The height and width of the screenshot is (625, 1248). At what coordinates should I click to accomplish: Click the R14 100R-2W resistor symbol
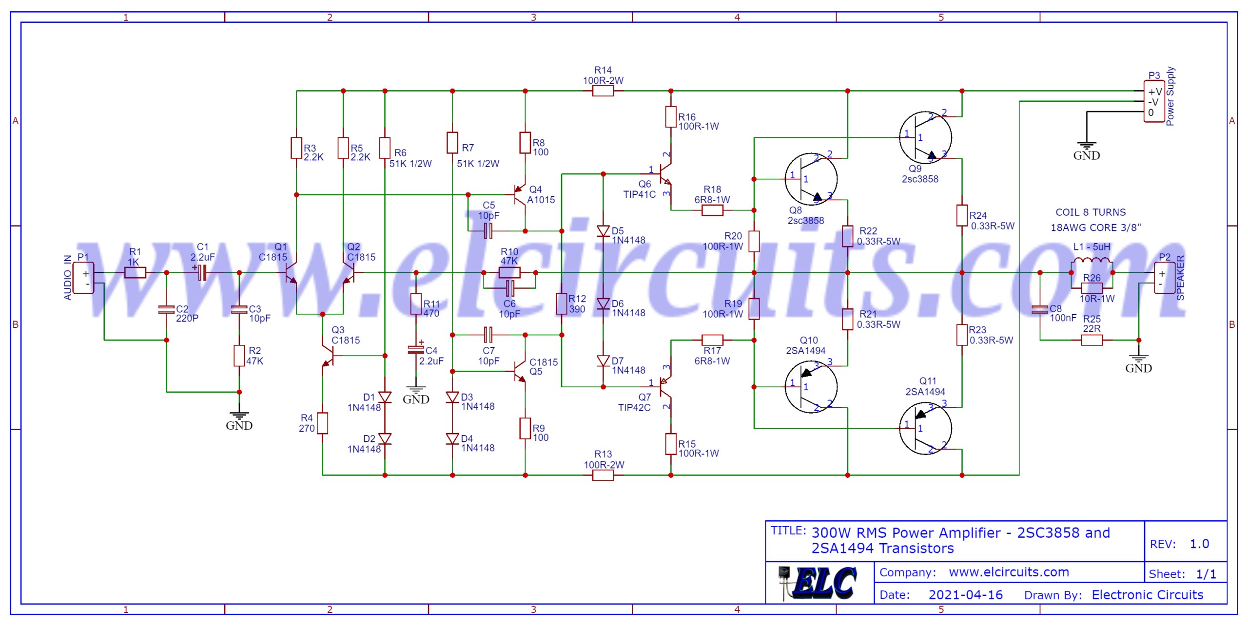coord(603,91)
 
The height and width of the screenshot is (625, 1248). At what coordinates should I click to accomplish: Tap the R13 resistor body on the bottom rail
coord(603,475)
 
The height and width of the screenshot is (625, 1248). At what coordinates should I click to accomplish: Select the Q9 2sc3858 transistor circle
coord(925,137)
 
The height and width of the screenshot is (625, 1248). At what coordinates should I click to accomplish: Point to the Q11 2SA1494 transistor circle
coord(925,428)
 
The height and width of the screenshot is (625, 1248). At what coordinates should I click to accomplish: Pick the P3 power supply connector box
coord(1153,102)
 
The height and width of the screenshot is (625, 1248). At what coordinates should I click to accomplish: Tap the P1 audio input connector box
coord(83,278)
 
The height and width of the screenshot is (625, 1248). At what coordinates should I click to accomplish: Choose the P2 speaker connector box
coord(1164,278)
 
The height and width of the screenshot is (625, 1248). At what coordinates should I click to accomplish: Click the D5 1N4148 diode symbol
coord(603,231)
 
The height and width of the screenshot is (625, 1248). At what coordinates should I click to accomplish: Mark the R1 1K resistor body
coord(135,273)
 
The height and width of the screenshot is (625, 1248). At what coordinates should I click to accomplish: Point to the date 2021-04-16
coord(965,595)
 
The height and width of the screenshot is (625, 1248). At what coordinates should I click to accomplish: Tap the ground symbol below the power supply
coord(1086,146)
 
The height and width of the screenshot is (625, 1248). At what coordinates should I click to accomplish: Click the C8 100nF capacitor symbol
coord(1040,309)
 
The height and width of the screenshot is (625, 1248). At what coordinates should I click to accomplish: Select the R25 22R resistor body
coord(1092,340)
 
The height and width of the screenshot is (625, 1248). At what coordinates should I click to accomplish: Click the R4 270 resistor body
coord(322,423)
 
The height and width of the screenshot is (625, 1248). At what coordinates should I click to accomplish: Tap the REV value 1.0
coord(1199,544)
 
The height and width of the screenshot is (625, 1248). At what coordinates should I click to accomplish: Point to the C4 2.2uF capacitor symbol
coord(416,349)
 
